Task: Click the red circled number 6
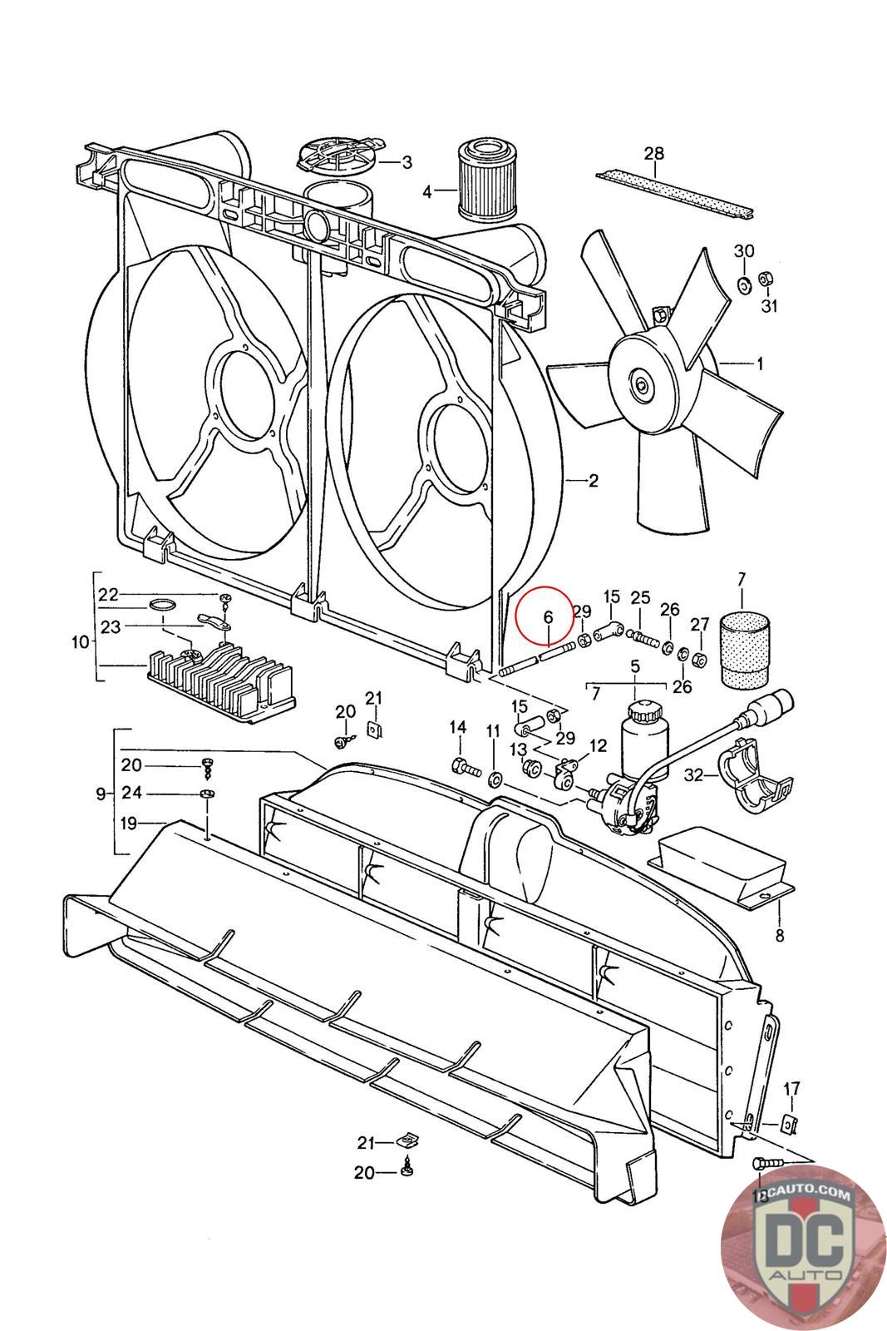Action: tap(547, 617)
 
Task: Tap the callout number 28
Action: tap(654, 153)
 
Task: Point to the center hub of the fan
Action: tap(641, 384)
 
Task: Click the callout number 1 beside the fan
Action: tap(759, 364)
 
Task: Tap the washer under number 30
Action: tap(744, 285)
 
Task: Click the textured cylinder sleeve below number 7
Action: tap(743, 651)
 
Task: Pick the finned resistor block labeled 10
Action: tap(220, 684)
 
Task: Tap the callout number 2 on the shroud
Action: tap(593, 481)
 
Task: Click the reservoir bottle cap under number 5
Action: tap(641, 711)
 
